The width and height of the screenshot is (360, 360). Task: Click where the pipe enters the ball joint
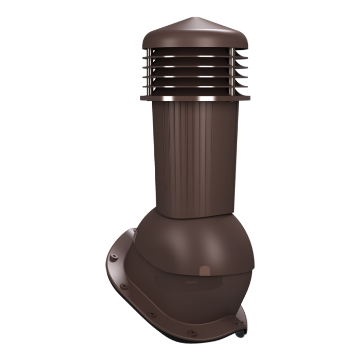click(195, 216)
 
